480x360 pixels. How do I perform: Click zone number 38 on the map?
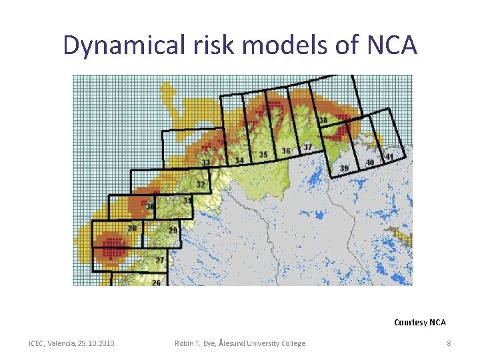pos(323,121)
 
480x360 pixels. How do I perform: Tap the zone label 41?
pos(389,157)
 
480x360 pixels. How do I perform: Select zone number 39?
pos(344,169)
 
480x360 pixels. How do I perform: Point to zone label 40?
pos(370,163)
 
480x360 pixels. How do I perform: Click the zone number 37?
pos(307,147)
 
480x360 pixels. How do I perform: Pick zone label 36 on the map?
pos(285,151)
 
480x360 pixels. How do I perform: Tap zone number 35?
pos(263,155)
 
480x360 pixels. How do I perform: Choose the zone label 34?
pos(239,161)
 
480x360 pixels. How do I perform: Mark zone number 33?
pos(206,163)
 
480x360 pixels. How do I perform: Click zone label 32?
pos(201,184)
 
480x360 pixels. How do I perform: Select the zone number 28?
pos(132,229)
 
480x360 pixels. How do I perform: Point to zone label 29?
pos(173,231)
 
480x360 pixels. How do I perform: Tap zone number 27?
pos(160,260)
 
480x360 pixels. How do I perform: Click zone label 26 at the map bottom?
pos(155,283)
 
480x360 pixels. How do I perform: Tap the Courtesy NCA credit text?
pos(419,323)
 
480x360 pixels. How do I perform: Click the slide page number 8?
pos(449,343)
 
